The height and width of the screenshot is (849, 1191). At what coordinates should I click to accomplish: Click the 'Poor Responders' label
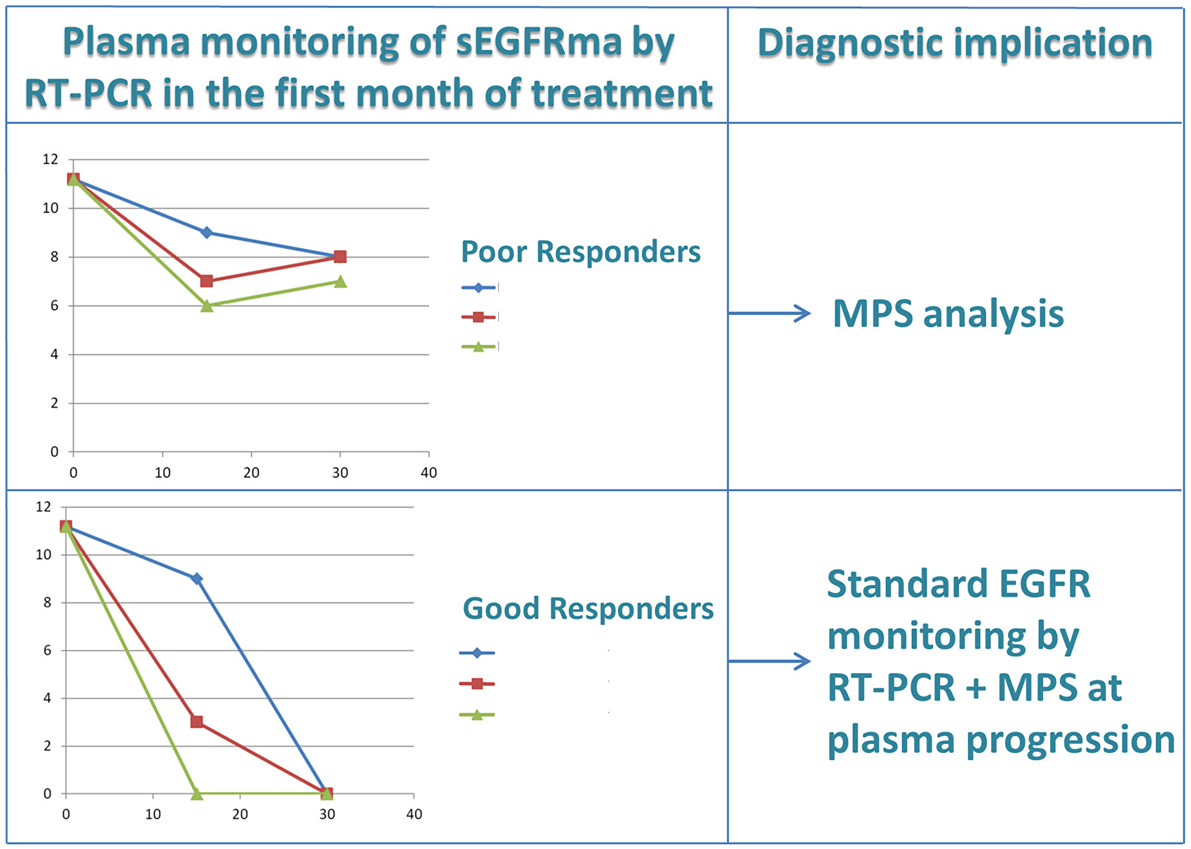581,252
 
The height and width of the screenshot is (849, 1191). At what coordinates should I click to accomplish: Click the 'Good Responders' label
588,608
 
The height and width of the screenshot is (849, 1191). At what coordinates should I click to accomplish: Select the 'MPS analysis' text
948,314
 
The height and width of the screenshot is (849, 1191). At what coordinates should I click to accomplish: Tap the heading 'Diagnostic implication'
955,43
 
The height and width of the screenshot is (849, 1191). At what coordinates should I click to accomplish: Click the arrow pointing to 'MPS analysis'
769,313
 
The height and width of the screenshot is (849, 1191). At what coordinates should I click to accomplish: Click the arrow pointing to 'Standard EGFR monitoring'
769,661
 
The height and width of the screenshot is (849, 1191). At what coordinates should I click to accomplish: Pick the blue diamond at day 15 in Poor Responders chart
207,232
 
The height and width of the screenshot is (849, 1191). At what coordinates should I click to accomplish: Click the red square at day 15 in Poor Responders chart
207,281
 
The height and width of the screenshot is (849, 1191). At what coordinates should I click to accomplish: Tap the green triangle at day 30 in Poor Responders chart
340,282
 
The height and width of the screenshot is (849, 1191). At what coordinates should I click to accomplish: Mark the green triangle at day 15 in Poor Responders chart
207,306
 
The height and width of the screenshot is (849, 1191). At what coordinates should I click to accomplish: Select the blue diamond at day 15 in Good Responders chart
197,579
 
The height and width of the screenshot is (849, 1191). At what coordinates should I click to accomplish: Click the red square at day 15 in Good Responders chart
197,722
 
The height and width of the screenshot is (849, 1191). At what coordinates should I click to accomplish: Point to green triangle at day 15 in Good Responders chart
197,794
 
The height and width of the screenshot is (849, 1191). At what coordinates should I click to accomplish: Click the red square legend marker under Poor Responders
478,317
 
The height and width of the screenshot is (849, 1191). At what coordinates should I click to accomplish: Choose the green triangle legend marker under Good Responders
476,715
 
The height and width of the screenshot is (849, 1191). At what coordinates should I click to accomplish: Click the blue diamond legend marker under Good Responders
476,653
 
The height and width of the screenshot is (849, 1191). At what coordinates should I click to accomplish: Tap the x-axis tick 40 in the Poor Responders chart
429,473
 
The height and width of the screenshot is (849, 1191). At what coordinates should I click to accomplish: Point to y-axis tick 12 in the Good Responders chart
43,507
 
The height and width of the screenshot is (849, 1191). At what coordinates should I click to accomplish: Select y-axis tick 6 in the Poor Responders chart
54,306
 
